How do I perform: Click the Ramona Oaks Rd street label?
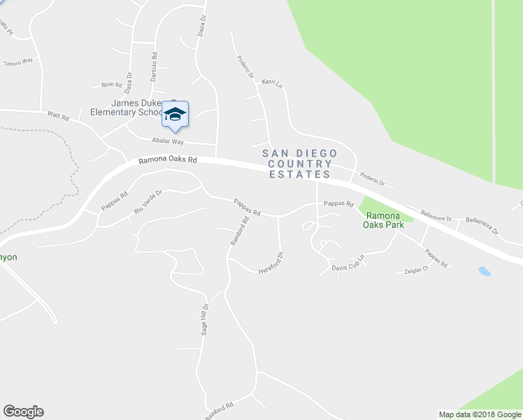(x=168, y=160)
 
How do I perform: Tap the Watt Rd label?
(x=58, y=117)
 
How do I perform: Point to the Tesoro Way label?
(x=19, y=62)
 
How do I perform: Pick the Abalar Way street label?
(x=157, y=139)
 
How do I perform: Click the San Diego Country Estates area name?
(x=299, y=164)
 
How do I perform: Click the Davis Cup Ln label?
(x=348, y=263)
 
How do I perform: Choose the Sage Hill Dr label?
(x=205, y=321)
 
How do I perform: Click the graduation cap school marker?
(x=175, y=114)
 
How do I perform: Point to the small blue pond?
(x=484, y=270)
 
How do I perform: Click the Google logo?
(x=23, y=412)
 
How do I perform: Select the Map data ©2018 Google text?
(x=479, y=414)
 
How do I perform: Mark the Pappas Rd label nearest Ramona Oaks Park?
(x=338, y=204)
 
